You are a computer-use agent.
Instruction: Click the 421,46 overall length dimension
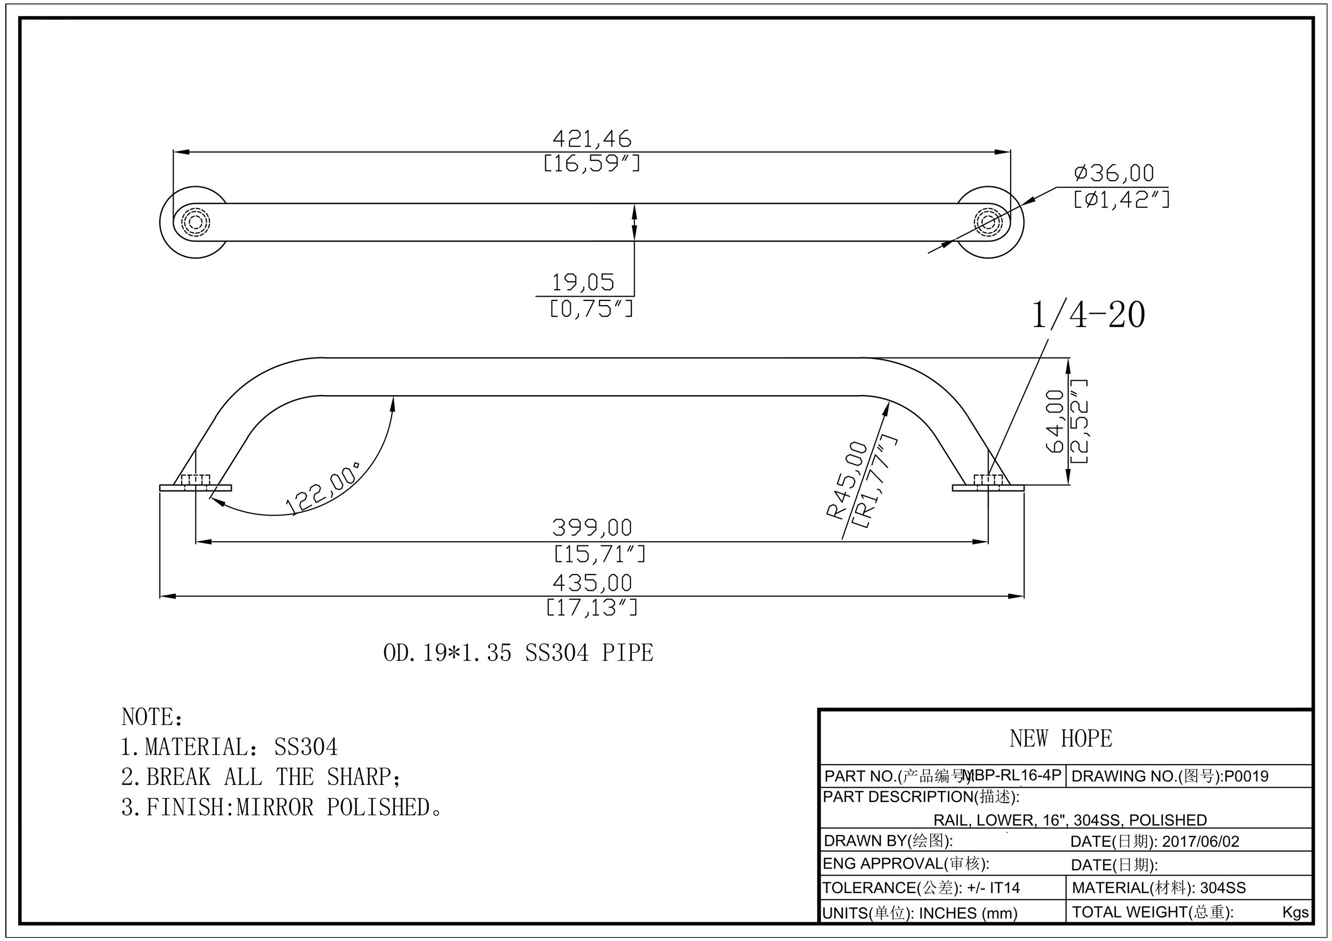[x=591, y=139]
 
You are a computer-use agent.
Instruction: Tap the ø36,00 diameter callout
[x=1114, y=173]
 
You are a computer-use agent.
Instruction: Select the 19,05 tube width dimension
[x=582, y=283]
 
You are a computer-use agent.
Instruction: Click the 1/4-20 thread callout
[x=1088, y=315]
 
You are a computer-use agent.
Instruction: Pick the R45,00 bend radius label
[x=848, y=480]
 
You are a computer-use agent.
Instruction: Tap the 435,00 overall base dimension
[x=591, y=583]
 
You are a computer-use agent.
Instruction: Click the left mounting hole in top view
[x=195, y=222]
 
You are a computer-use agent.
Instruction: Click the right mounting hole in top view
[x=988, y=222]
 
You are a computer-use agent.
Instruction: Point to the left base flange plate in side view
[x=174, y=488]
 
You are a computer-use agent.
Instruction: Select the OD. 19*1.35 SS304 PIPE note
[x=518, y=653]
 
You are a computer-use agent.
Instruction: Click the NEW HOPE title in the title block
[x=1060, y=739]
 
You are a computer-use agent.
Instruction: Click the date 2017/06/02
[x=1200, y=841]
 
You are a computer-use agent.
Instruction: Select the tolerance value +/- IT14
[x=993, y=888]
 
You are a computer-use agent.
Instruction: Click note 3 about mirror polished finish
[x=281, y=808]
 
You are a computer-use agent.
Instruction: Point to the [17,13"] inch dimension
[x=591, y=608]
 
